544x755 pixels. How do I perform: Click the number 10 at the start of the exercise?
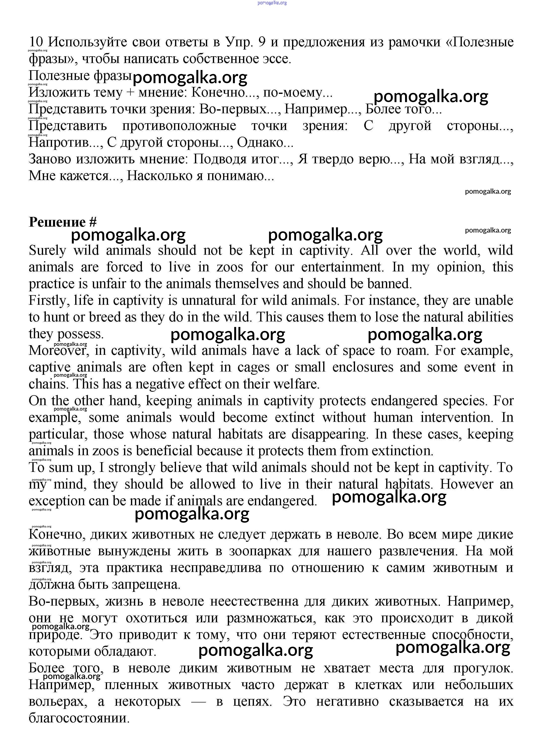(x=36, y=42)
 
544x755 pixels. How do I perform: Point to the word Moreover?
(x=57, y=351)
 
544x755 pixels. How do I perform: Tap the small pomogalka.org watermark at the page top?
(x=272, y=3)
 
